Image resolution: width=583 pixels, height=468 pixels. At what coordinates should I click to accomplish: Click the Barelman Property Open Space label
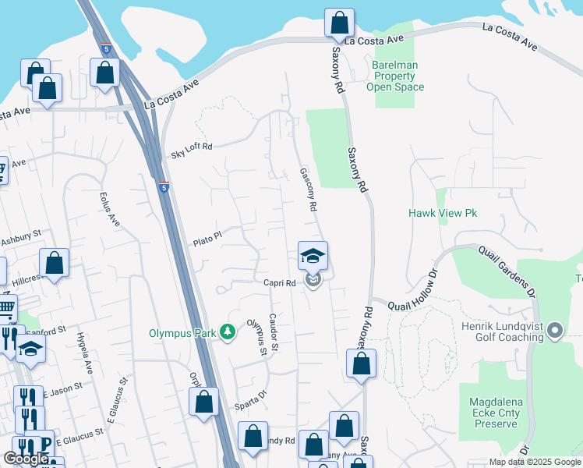click(x=395, y=76)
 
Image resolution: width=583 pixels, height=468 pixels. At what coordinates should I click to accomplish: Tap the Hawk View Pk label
click(x=442, y=213)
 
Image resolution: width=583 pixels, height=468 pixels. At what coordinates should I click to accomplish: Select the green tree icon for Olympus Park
click(x=228, y=333)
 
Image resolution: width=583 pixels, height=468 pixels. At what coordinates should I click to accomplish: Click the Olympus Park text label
click(x=182, y=333)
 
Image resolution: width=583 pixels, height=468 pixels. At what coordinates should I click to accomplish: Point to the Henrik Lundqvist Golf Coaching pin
click(x=555, y=331)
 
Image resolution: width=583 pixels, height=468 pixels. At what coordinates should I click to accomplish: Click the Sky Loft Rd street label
click(x=192, y=150)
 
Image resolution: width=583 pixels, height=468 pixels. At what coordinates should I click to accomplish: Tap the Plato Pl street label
click(x=208, y=238)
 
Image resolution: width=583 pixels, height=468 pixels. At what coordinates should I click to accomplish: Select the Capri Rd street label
click(x=279, y=283)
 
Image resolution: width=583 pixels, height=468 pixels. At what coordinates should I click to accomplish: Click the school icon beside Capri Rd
click(x=313, y=255)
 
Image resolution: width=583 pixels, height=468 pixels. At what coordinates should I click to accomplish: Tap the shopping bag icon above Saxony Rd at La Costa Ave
click(x=339, y=22)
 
